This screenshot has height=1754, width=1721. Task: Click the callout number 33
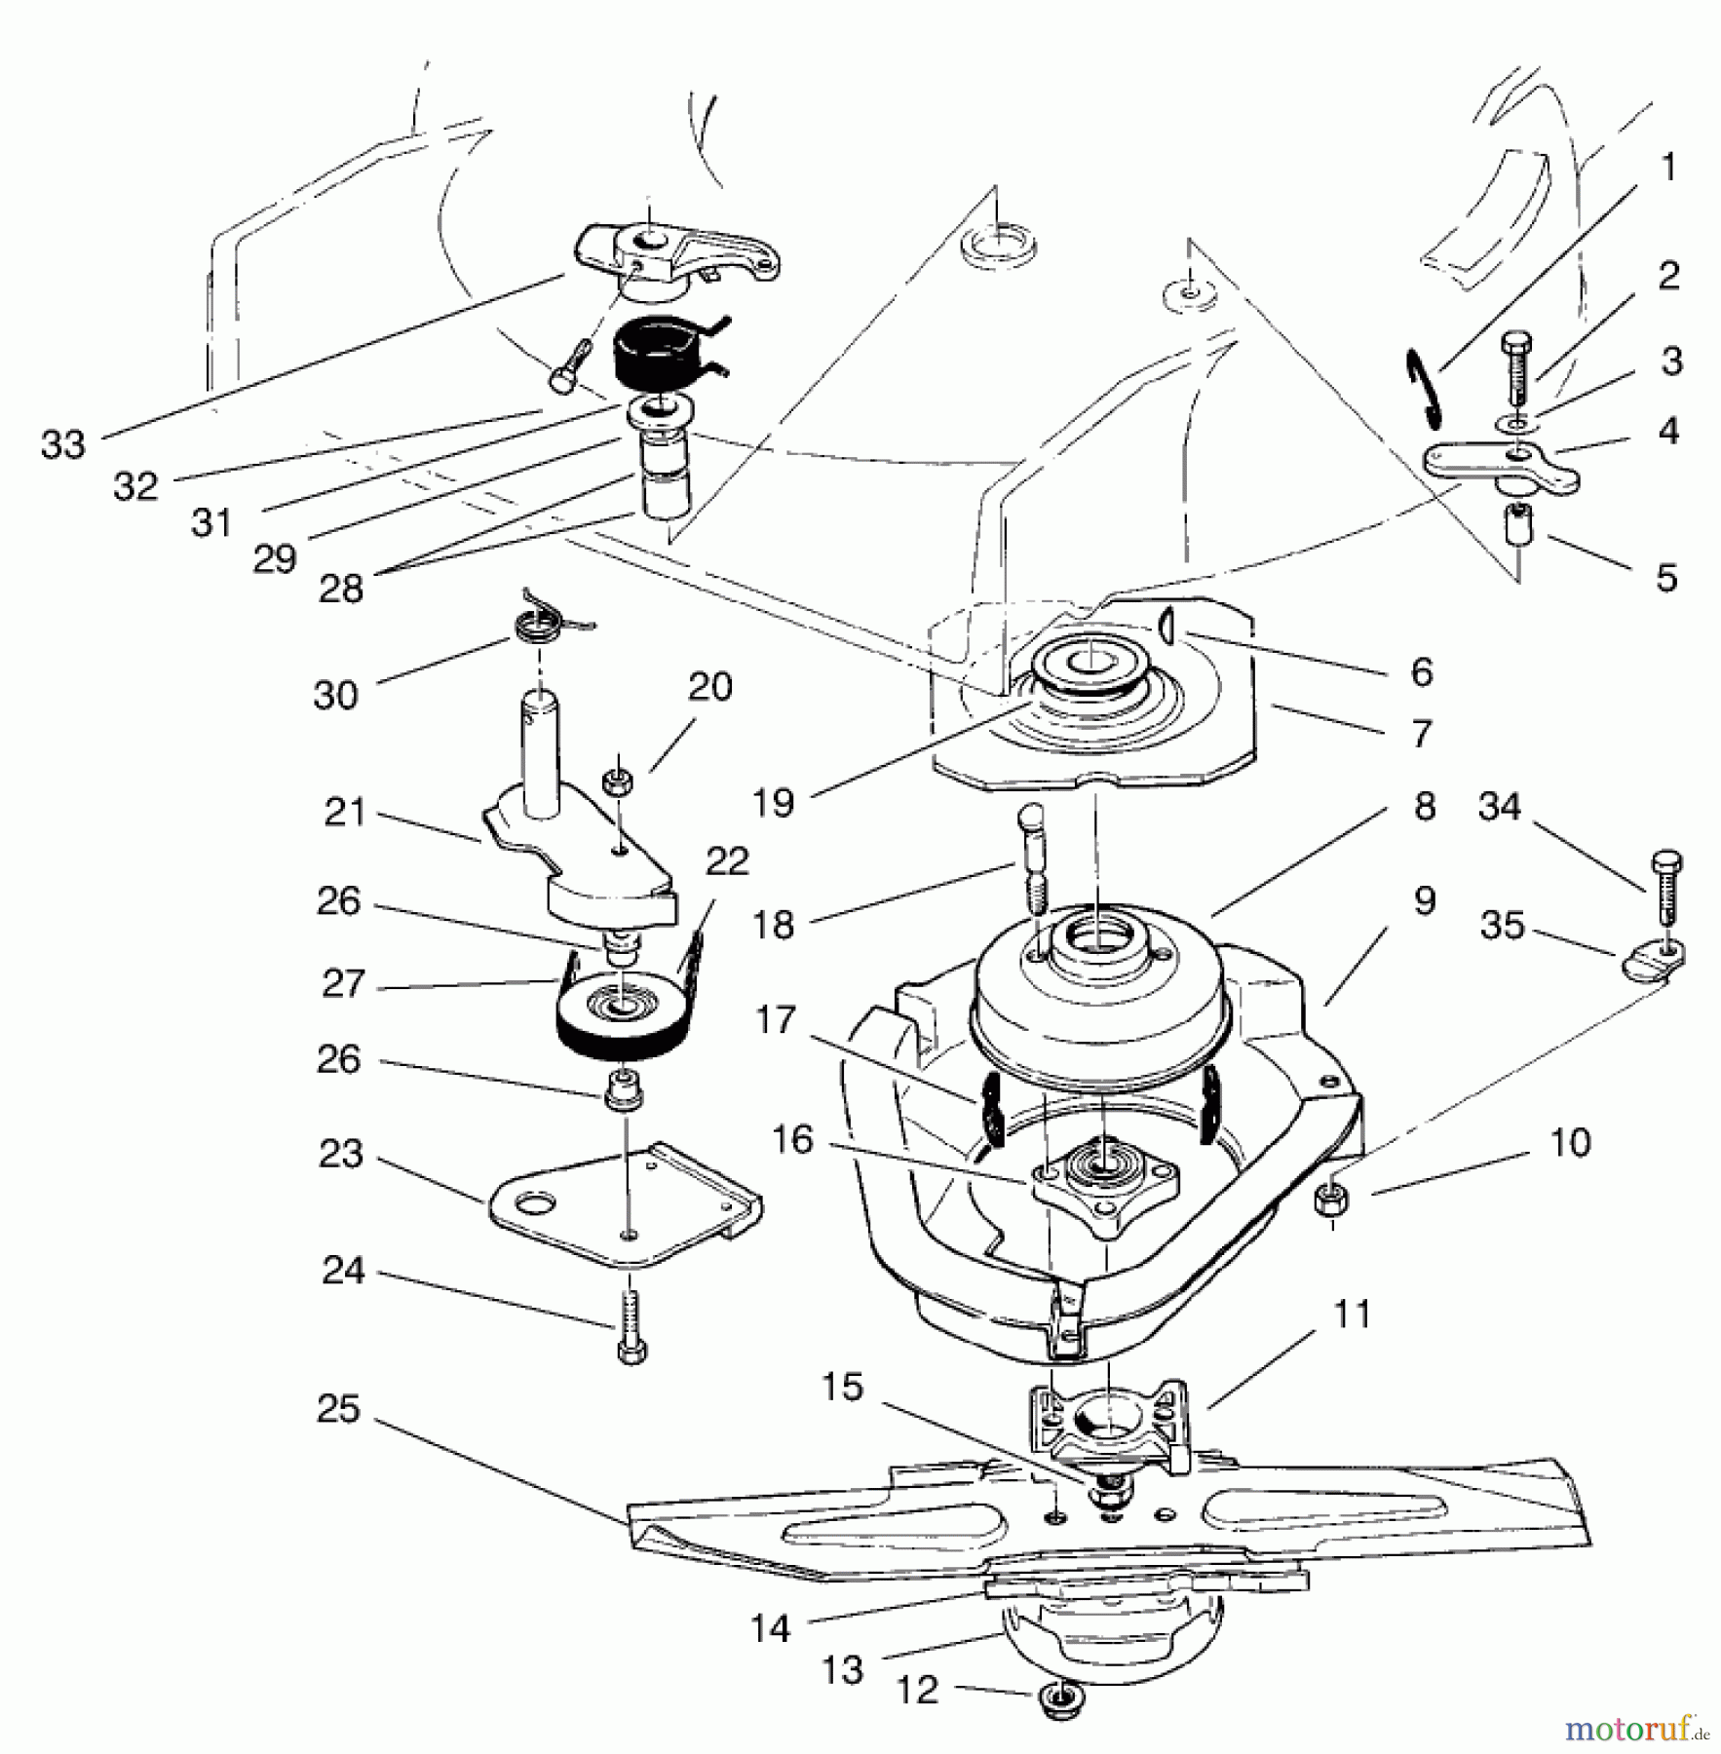[x=63, y=444]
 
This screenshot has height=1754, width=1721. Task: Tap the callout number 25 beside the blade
[x=338, y=1409]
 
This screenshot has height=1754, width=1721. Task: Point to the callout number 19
[x=774, y=803]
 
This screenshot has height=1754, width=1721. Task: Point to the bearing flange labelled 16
[x=1107, y=1181]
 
